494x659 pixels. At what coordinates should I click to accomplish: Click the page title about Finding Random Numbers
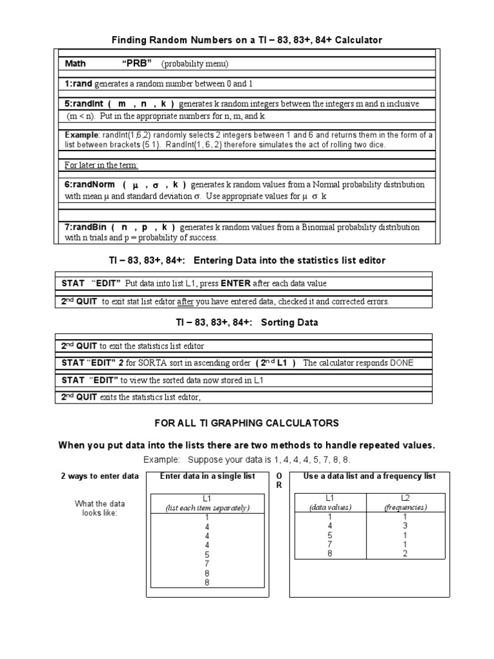point(248,40)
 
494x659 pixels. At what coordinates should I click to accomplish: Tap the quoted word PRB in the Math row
point(136,64)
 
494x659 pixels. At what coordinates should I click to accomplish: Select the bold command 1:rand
point(78,84)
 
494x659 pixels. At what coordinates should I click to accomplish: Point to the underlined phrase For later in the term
point(102,165)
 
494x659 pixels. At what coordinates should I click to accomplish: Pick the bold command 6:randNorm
point(88,184)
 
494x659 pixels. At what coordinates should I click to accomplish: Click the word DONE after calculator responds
point(400,363)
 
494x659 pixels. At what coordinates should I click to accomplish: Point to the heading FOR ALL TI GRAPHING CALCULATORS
point(246,423)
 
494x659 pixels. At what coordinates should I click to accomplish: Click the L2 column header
point(405,497)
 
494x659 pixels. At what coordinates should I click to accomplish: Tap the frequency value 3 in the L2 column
point(405,526)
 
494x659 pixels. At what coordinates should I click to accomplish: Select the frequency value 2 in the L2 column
point(405,553)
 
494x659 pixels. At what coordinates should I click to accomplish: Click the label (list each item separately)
point(206,507)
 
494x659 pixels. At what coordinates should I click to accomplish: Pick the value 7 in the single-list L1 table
point(206,563)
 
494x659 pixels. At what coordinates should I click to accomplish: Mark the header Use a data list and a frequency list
point(369,476)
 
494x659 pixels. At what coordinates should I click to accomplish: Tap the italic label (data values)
point(330,507)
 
